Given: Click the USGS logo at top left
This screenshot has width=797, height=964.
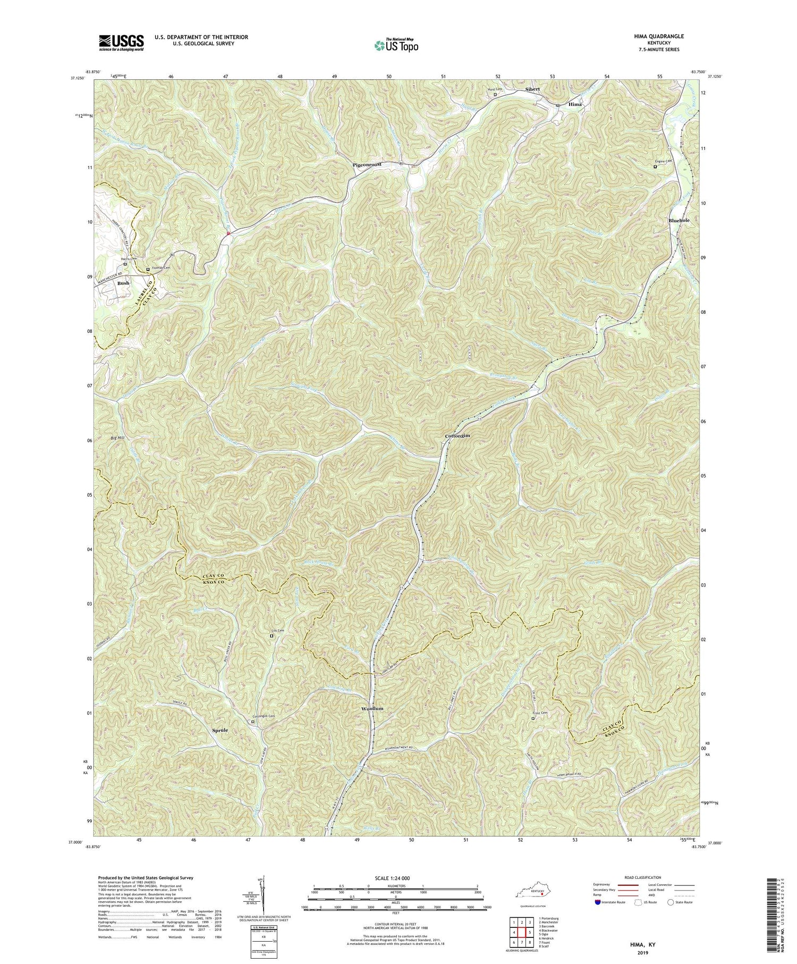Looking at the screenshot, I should point(121,43).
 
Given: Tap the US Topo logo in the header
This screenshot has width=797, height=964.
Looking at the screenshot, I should point(395,46).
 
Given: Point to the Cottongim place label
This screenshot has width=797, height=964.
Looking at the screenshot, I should point(457,435).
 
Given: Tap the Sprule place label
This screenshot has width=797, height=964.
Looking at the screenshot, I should point(218,731).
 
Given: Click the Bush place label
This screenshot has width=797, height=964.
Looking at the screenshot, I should point(123,283).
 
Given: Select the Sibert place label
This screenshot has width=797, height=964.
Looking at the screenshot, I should point(532,89).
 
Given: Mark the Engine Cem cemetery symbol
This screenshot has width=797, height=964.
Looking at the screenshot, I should point(655,166).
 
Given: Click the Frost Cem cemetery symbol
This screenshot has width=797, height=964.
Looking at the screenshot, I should point(533,718).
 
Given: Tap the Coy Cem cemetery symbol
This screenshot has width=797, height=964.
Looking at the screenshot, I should point(272,635).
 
